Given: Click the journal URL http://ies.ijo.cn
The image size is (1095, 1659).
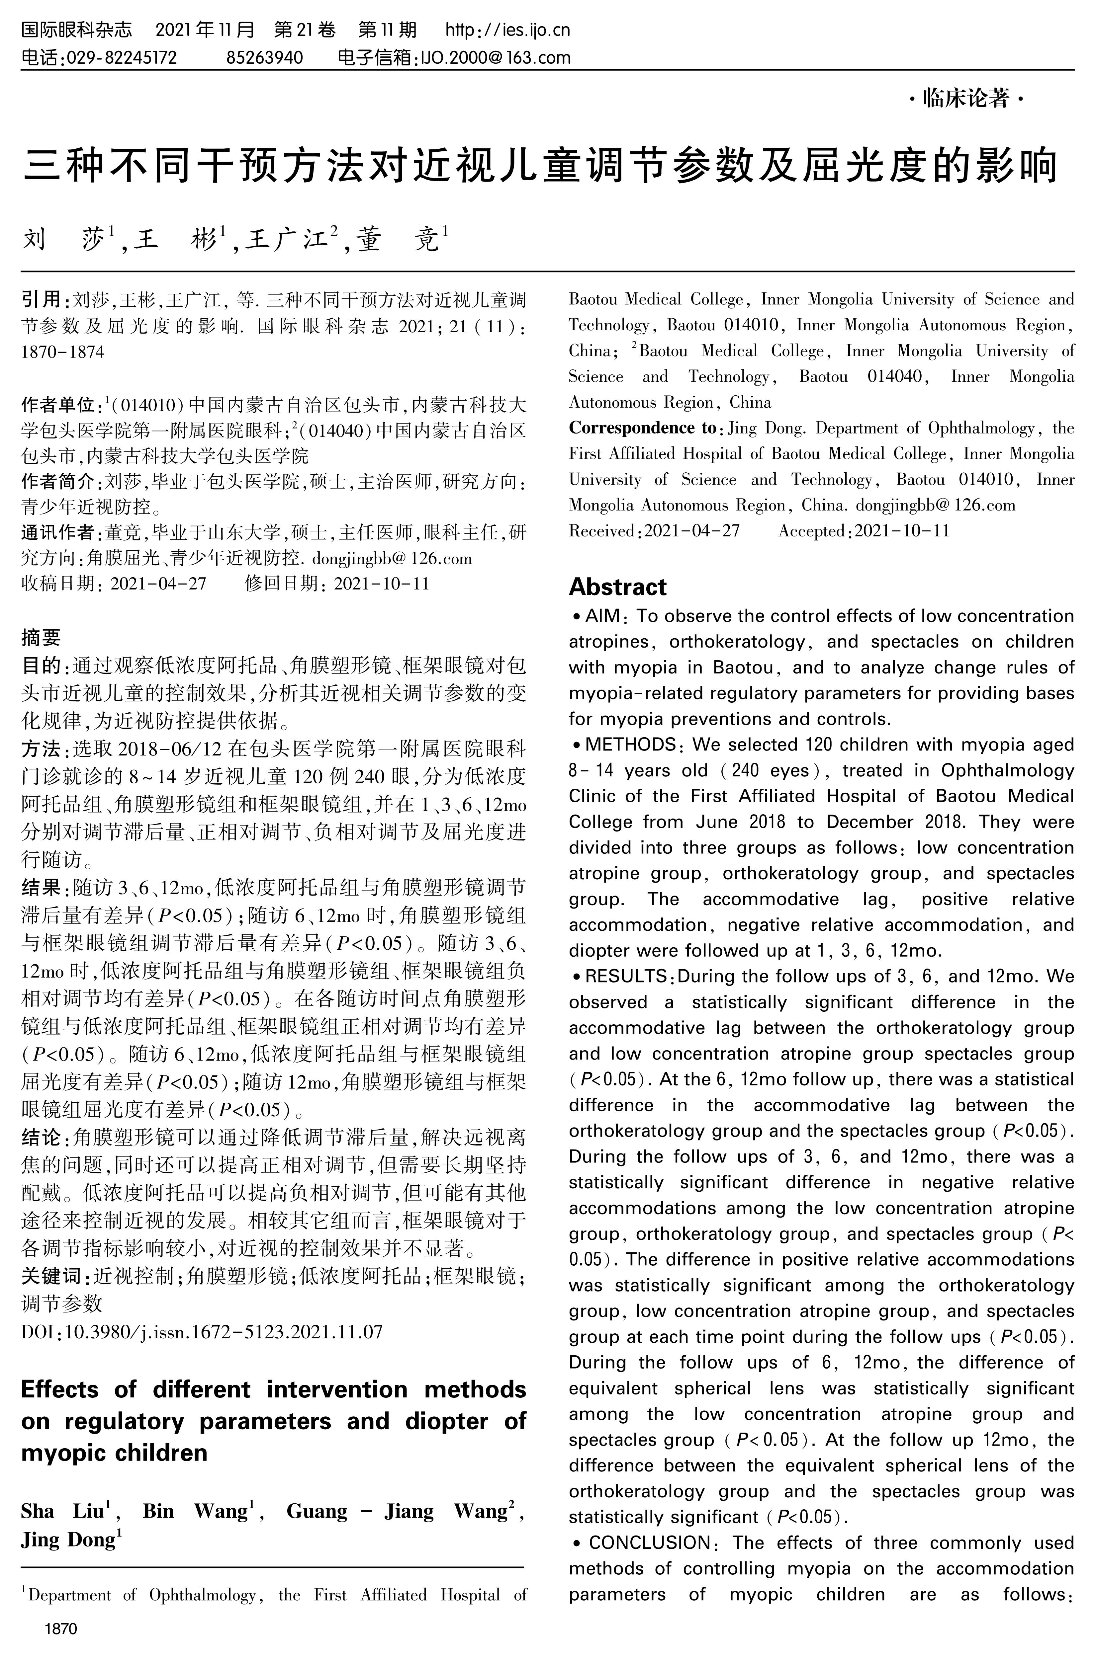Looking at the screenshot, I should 508,30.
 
